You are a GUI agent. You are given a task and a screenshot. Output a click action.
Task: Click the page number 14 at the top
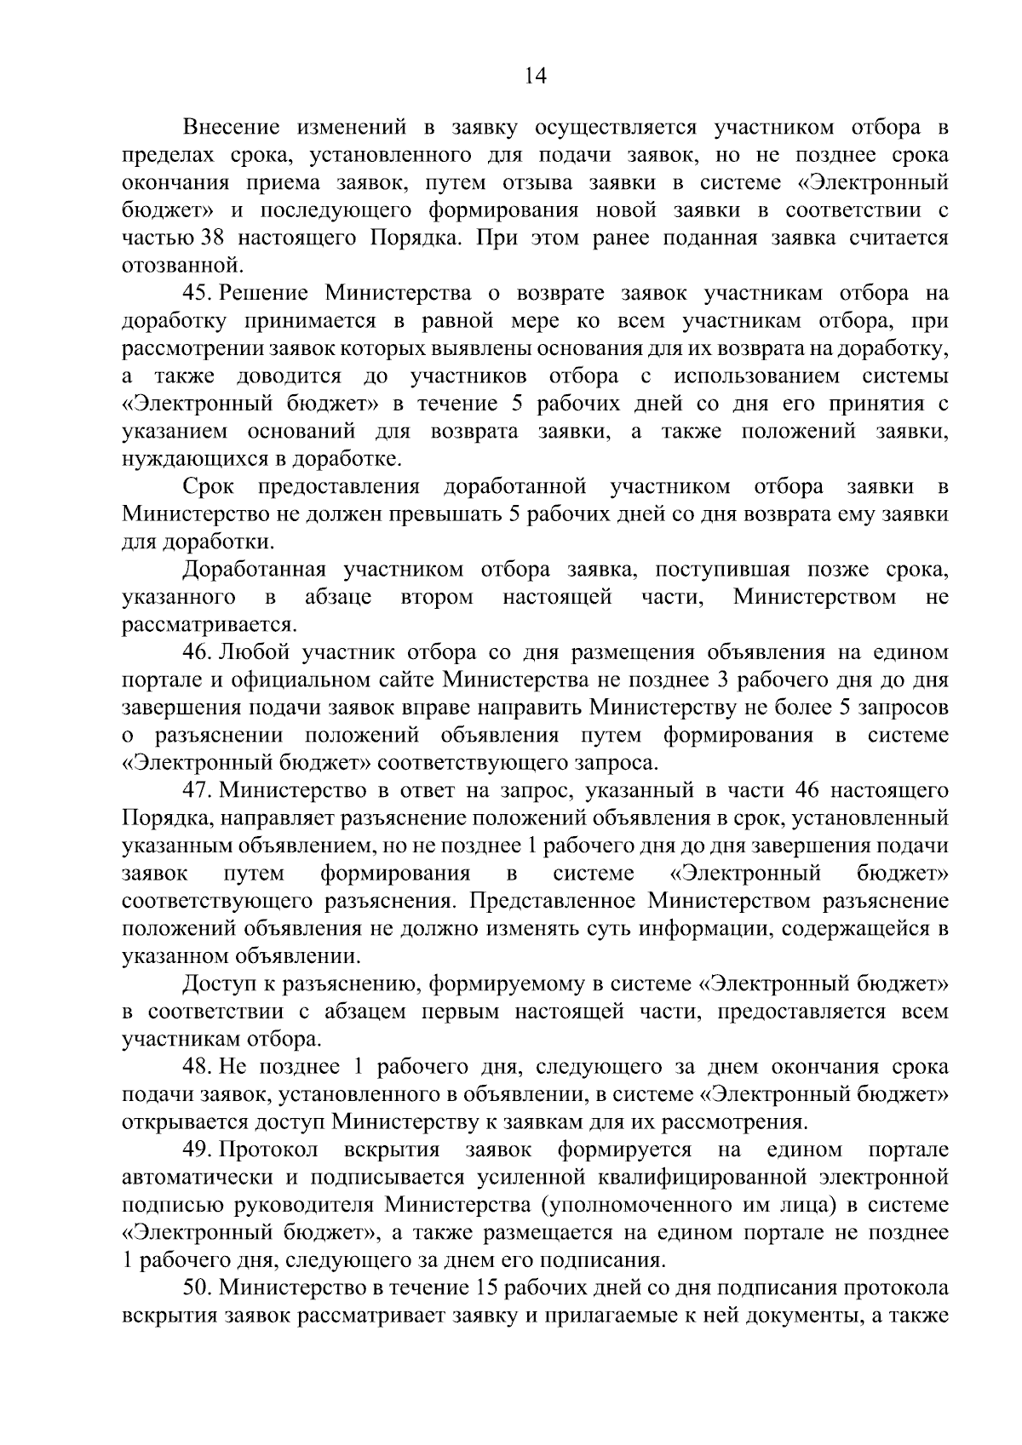(535, 77)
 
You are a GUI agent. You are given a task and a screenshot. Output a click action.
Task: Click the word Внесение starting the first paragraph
(232, 128)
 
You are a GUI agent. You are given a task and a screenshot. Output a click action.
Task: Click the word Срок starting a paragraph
(209, 487)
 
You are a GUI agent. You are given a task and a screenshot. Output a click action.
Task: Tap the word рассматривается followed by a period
(208, 626)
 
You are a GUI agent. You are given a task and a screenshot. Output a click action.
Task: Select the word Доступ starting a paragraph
(217, 985)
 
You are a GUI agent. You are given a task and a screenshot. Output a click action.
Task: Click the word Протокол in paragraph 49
(268, 1150)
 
